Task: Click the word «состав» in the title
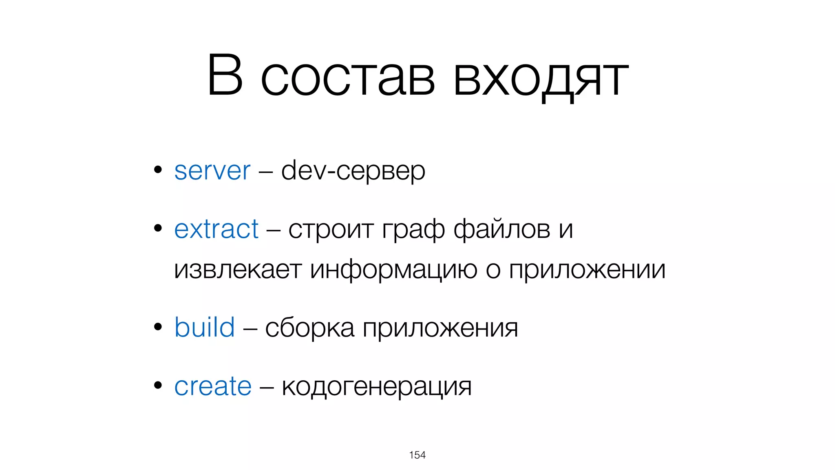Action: point(348,78)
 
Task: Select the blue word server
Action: point(212,171)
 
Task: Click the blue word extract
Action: point(216,229)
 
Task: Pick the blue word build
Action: point(204,327)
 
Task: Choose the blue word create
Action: point(213,386)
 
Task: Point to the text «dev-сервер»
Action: point(353,171)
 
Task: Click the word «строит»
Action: point(331,229)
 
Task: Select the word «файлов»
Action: point(502,229)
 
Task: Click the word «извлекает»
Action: point(237,270)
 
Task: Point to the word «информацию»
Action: point(393,270)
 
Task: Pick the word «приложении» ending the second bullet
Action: point(587,270)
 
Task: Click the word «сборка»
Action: point(309,328)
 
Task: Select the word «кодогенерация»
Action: point(376,387)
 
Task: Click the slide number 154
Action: point(417,455)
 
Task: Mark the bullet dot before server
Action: point(158,170)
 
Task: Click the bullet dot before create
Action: point(158,385)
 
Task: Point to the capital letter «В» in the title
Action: point(225,75)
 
